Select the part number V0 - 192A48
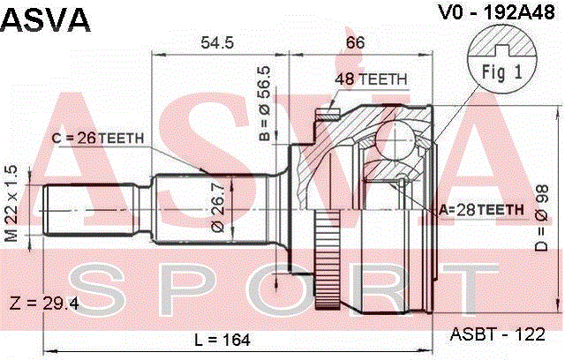[496, 12]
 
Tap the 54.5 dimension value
[217, 43]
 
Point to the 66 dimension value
[355, 43]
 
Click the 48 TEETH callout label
[371, 79]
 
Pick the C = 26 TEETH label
[98, 138]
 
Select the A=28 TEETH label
[481, 209]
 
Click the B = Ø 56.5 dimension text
[265, 103]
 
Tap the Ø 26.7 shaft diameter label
[219, 206]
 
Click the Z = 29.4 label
[44, 304]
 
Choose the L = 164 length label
[222, 340]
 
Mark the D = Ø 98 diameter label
[541, 218]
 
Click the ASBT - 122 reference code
[497, 334]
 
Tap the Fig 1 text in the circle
[502, 72]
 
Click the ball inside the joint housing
[395, 139]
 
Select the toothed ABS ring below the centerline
[328, 259]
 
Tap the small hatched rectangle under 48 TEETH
[328, 116]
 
